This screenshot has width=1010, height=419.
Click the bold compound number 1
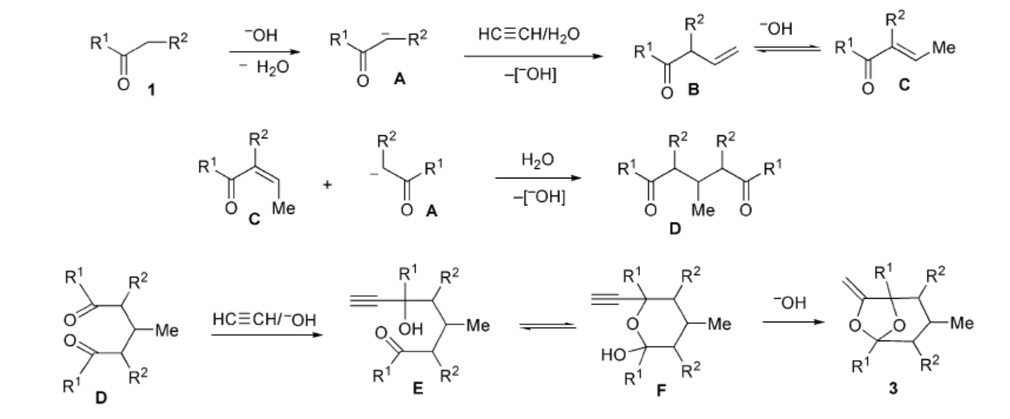tap(152, 90)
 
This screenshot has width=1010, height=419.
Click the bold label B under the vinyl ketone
tap(693, 90)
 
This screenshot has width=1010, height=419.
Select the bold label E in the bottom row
tap(418, 388)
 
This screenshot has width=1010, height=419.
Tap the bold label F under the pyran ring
tap(661, 390)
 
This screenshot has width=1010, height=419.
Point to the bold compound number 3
tap(893, 388)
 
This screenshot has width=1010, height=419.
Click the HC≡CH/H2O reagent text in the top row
tap(529, 35)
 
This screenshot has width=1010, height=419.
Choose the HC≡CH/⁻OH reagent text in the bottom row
tap(264, 319)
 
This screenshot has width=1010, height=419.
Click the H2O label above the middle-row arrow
tap(537, 160)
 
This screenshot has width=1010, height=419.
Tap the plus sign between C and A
tap(328, 184)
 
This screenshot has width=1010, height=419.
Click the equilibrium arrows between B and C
tap(787, 48)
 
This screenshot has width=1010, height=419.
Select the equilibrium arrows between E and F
tap(547, 325)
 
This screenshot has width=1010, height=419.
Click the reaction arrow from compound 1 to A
tap(265, 52)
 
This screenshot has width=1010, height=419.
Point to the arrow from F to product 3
tap(793, 322)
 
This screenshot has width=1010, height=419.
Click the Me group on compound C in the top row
tap(944, 47)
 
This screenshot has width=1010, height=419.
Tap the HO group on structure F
tap(613, 355)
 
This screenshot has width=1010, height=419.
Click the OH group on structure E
tap(410, 329)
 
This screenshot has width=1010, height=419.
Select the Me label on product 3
tap(962, 323)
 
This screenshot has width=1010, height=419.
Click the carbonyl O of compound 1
tap(123, 84)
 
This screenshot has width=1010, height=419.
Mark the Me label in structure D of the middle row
tap(703, 210)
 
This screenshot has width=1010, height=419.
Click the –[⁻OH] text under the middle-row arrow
tap(539, 197)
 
